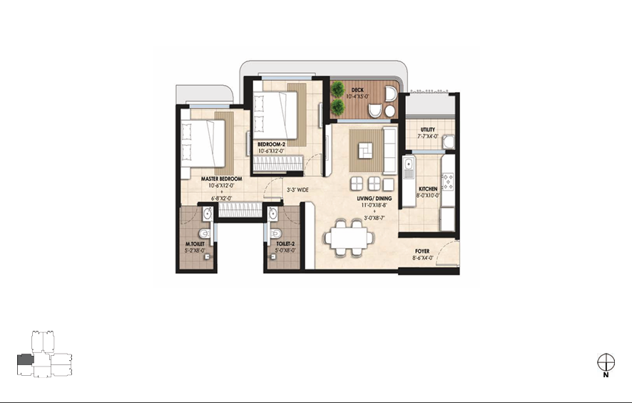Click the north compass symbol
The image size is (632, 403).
click(606, 362)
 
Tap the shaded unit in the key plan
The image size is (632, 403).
click(25, 362)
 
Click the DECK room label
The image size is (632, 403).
click(357, 90)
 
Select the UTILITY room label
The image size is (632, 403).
click(428, 130)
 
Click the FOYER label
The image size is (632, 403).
click(422, 252)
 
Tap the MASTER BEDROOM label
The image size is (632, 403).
click(221, 179)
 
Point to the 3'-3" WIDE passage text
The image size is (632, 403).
click(297, 191)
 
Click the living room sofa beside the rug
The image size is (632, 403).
click(389, 150)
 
